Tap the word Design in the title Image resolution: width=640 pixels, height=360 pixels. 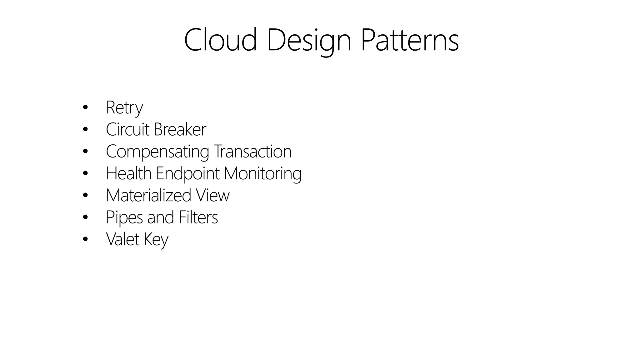tap(309, 41)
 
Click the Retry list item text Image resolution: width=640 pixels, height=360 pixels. tap(124, 107)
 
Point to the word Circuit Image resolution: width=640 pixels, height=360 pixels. tap(127, 129)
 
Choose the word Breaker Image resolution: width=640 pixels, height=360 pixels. tap(180, 129)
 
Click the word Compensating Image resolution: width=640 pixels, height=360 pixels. tap(157, 152)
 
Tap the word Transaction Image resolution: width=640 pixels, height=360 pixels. tap(252, 151)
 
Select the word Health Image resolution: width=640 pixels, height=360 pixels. tap(128, 173)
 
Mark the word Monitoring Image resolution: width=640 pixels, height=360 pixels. tap(262, 174)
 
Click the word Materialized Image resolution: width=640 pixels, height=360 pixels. tap(148, 195)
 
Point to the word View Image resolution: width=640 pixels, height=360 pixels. tap(212, 195)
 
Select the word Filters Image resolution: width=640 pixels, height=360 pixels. tap(198, 217)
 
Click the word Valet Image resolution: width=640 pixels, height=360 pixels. tap(122, 239)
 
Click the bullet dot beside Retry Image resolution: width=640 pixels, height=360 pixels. tap(85, 108)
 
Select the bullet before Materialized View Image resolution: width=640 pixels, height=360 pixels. tap(85, 196)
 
